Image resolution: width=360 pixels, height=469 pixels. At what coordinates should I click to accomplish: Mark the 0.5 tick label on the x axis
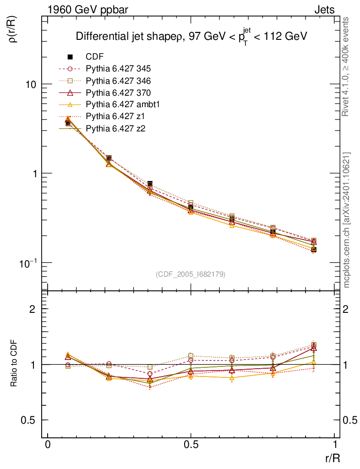[x=191, y=445]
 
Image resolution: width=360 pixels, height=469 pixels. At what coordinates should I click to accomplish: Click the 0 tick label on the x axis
[x=48, y=445]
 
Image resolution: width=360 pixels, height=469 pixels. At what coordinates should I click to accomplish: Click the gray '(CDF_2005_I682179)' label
[x=191, y=274]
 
